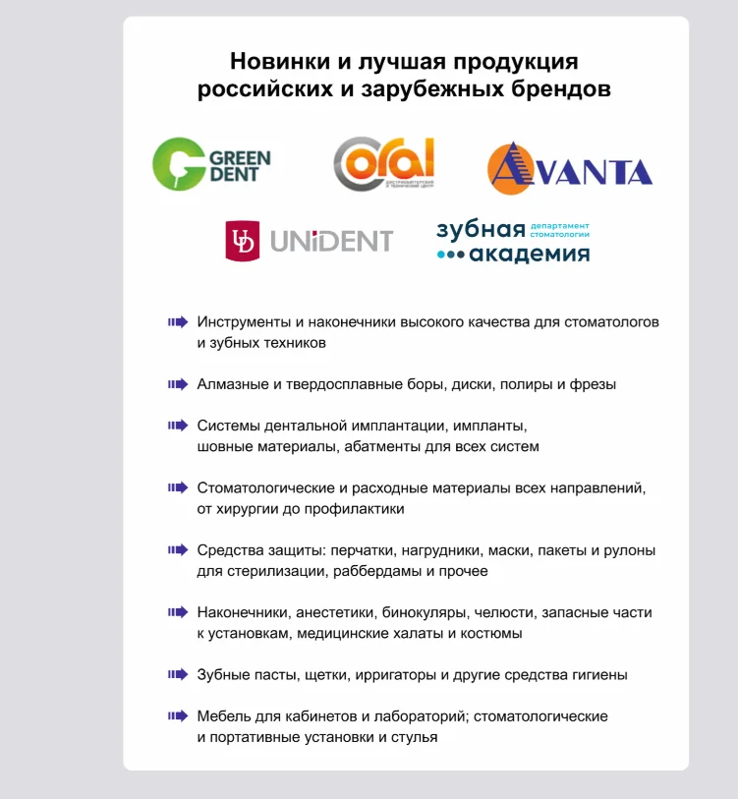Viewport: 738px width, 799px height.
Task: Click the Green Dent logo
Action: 211,162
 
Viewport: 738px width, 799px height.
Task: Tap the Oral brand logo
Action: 383,163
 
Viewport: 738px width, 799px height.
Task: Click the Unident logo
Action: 309,240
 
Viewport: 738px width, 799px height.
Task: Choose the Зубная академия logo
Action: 513,241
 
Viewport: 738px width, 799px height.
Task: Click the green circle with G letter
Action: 177,162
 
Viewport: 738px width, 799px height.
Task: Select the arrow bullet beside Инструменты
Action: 177,321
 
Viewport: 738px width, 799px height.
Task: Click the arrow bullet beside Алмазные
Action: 177,384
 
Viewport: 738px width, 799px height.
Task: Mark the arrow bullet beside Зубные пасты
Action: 177,674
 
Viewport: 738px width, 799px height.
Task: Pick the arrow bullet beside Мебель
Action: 177,715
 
